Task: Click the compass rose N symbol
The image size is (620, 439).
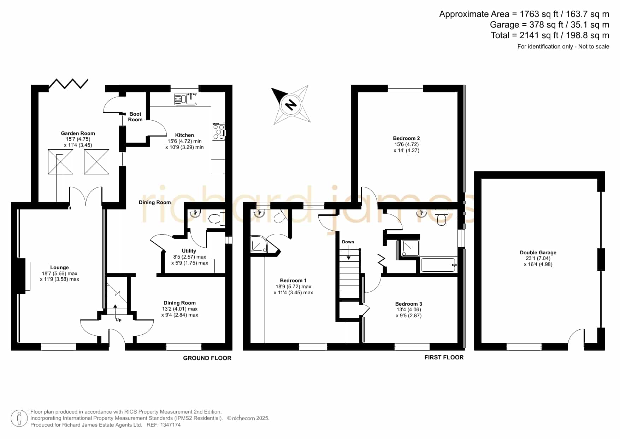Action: pyautogui.click(x=291, y=105)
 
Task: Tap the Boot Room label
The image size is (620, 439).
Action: pyautogui.click(x=135, y=117)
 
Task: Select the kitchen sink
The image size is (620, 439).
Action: pyautogui.click(x=185, y=99)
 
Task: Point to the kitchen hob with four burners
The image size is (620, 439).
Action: pyautogui.click(x=219, y=132)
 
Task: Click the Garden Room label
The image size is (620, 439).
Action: pyautogui.click(x=78, y=133)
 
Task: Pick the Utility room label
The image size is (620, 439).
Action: pyautogui.click(x=189, y=251)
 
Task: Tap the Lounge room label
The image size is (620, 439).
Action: pyautogui.click(x=59, y=267)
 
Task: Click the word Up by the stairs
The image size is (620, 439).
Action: pyautogui.click(x=118, y=320)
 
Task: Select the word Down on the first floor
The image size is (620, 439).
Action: pyautogui.click(x=348, y=242)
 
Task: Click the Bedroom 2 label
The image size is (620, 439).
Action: pyautogui.click(x=406, y=138)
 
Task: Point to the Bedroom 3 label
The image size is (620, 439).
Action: pyautogui.click(x=408, y=304)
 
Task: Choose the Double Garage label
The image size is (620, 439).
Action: pyautogui.click(x=538, y=253)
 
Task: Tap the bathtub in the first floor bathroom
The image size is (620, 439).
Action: pyautogui.click(x=438, y=265)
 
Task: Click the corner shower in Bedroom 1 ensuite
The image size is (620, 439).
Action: pyautogui.click(x=259, y=244)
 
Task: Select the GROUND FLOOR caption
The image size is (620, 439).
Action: pyautogui.click(x=207, y=358)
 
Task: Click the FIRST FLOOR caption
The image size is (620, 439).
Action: pyautogui.click(x=444, y=357)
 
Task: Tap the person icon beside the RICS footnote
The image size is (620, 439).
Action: pyautogui.click(x=19, y=418)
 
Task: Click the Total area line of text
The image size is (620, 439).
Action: pyautogui.click(x=550, y=35)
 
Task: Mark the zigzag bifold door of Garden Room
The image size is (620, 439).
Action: pyautogui.click(x=68, y=83)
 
